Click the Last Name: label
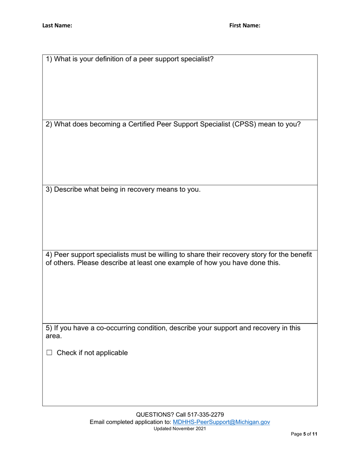57,26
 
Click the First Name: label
244,26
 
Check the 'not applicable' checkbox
49,353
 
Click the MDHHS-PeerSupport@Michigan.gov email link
221,422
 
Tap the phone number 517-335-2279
208,414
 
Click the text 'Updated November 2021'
180,429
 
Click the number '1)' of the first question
49,59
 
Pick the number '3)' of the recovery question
49,189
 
